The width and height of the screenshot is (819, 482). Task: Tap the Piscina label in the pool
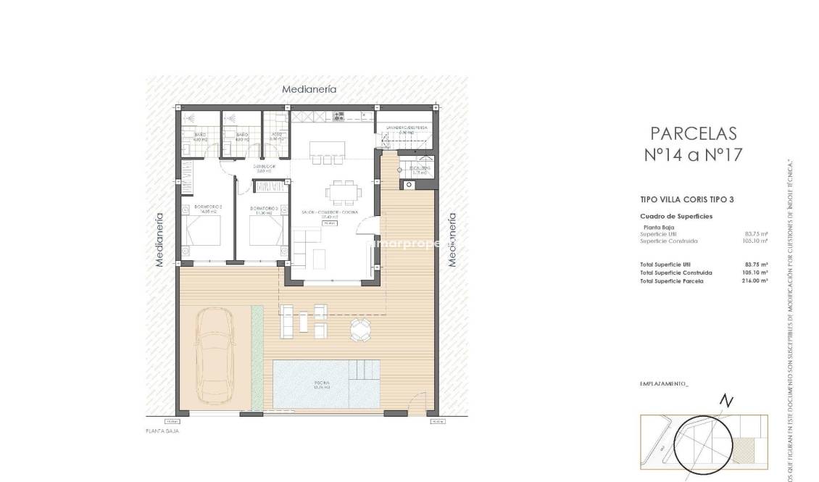[x=322, y=383]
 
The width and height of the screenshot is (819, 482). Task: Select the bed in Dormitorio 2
[x=203, y=232]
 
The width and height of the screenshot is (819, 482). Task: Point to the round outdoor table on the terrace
[x=360, y=329]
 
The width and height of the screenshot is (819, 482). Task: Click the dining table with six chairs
[x=341, y=192]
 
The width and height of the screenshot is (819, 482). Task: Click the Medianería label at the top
[x=309, y=89]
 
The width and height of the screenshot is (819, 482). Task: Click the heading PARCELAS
[x=693, y=133]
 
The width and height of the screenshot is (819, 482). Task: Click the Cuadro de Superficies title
[x=675, y=216]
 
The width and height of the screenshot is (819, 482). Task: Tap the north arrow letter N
[x=727, y=402]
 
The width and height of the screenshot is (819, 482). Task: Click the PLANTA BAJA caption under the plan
[x=162, y=431]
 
